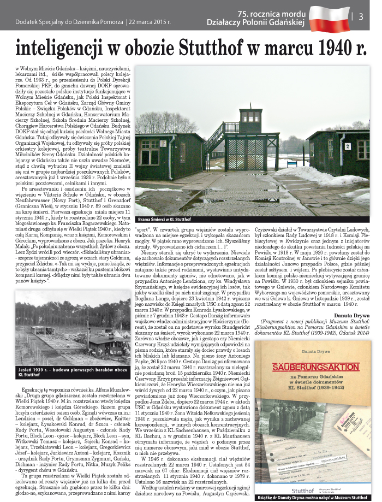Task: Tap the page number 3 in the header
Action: pos(361,16)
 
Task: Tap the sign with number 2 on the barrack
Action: pos(347,146)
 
